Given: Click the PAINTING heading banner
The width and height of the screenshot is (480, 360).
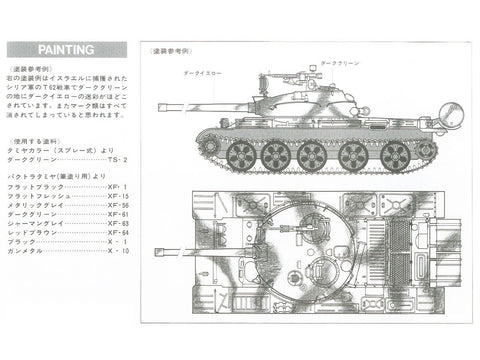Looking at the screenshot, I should [x=68, y=48].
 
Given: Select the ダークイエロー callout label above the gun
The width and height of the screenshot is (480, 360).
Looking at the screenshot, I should [x=203, y=74].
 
